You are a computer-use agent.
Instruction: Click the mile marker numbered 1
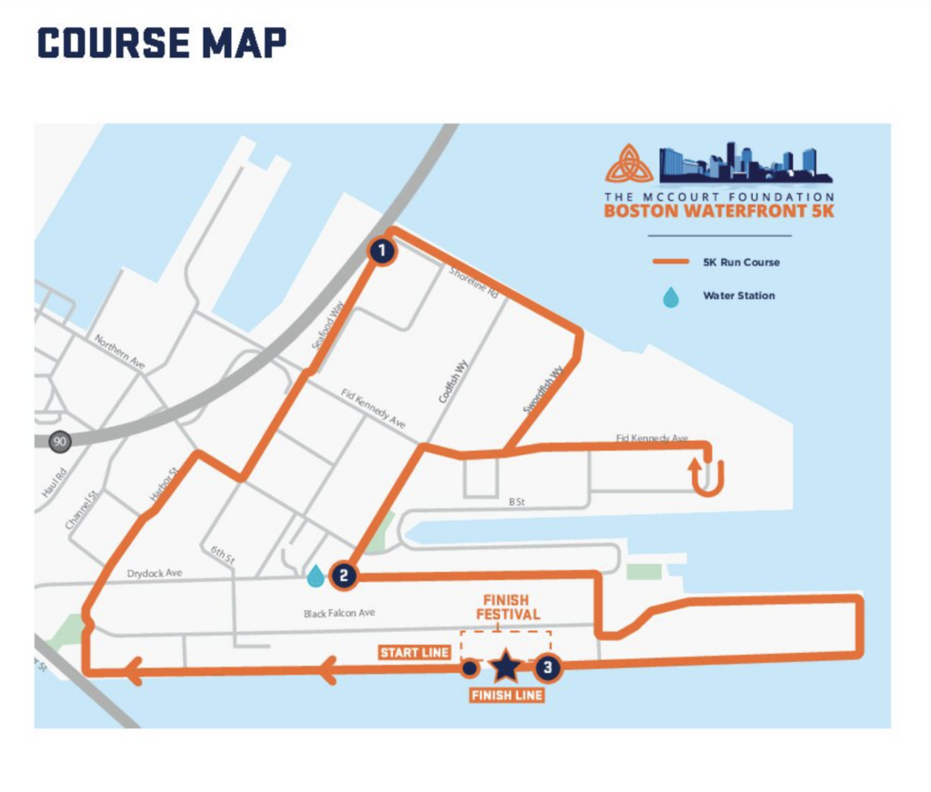pos(383,251)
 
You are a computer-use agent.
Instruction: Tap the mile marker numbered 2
pos(343,575)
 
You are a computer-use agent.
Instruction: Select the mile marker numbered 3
pos(546,668)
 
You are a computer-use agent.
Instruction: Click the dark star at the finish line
pos(506,668)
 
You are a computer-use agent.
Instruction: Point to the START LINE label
pos(414,653)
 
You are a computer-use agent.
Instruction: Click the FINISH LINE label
pos(506,696)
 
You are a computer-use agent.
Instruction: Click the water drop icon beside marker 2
pos(315,576)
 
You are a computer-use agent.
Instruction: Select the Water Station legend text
pos(738,296)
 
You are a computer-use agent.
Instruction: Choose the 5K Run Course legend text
pos(741,262)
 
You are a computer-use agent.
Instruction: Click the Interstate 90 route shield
pos(61,441)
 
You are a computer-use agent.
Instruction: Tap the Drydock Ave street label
pos(155,573)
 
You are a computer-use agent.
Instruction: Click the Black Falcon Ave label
pos(339,614)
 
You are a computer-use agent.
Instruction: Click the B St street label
pos(517,501)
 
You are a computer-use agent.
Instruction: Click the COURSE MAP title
pos(162,42)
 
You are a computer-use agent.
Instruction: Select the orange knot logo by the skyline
pos(629,164)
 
